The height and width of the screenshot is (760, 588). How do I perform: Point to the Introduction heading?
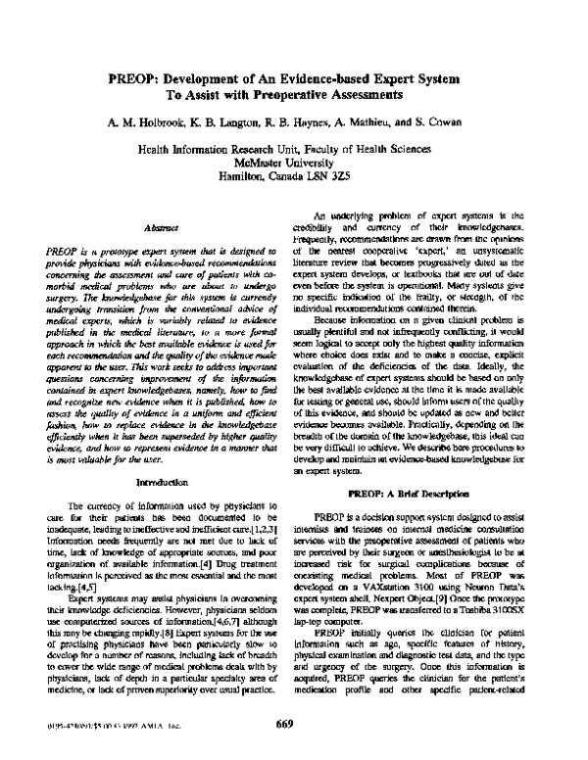click(160, 484)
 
